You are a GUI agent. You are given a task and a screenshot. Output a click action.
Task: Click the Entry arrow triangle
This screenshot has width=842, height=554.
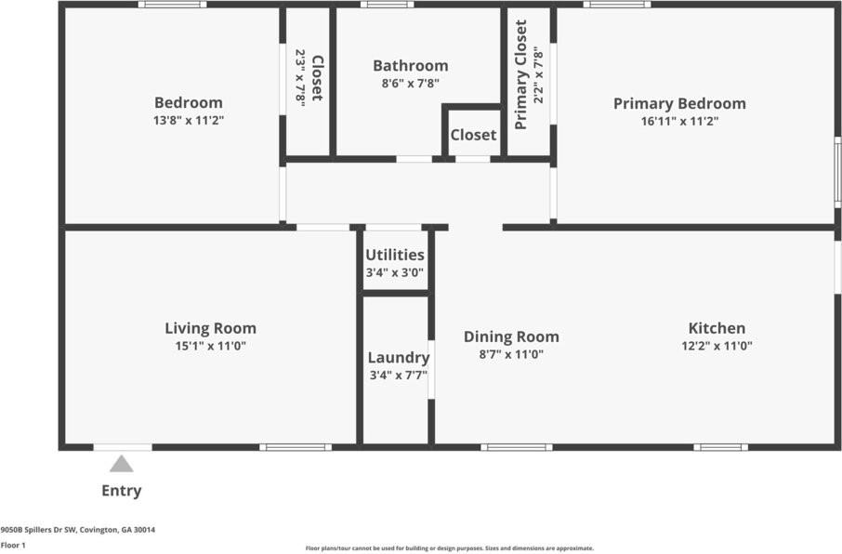(122, 464)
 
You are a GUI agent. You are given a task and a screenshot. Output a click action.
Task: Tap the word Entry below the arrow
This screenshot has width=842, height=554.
(122, 490)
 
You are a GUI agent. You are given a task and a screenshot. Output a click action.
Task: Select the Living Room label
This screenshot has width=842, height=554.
(210, 328)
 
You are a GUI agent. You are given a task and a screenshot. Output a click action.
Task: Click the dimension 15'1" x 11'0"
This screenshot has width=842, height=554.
(210, 346)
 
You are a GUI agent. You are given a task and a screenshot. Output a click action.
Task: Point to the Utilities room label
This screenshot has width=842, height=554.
(395, 255)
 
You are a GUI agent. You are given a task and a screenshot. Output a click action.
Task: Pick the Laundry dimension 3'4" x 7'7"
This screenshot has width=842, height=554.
(399, 375)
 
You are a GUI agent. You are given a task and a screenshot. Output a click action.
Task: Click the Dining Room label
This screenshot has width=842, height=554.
(511, 336)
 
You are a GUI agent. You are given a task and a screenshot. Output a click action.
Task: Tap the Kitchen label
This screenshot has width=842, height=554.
(717, 328)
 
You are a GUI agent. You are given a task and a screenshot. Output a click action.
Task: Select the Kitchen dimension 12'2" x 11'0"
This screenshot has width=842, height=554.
(717, 346)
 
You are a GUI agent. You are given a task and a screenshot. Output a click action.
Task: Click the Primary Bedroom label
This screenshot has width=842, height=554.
(680, 103)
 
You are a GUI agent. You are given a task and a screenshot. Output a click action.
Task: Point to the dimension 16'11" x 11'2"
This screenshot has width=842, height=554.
(680, 121)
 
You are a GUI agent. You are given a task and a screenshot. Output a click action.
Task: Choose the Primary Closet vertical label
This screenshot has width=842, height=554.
(520, 74)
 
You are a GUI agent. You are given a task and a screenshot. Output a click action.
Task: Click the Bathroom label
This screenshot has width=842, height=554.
(411, 66)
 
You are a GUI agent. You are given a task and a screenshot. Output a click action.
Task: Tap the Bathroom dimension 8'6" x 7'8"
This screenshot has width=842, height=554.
(411, 84)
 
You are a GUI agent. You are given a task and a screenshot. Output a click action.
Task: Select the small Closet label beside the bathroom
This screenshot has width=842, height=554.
(473, 135)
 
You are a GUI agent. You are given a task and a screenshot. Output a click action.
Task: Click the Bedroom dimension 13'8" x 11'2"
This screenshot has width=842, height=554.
(189, 120)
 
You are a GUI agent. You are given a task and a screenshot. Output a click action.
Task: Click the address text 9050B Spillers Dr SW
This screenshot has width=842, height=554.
(40, 530)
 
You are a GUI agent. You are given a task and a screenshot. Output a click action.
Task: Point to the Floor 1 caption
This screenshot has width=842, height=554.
(13, 545)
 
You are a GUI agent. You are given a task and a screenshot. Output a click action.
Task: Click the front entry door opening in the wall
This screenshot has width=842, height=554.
(123, 447)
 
